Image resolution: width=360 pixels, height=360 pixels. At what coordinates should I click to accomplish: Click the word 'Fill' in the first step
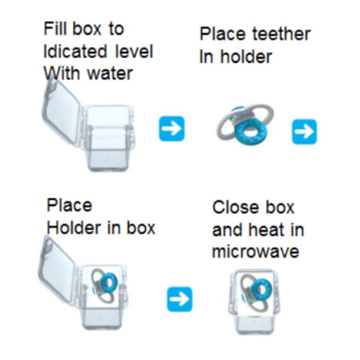pyautogui.click(x=54, y=29)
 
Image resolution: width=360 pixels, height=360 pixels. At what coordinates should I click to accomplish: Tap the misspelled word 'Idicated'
pyautogui.click(x=75, y=51)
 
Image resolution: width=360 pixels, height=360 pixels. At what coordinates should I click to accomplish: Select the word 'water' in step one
pyautogui.click(x=110, y=74)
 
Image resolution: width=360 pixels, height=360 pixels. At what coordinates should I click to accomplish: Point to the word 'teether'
pyautogui.click(x=282, y=34)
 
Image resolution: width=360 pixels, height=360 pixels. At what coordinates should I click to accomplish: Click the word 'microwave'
pyautogui.click(x=256, y=252)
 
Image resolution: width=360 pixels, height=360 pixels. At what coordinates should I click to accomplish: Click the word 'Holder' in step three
pyautogui.click(x=74, y=228)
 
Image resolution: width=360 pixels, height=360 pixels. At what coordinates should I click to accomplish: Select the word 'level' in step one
pyautogui.click(x=134, y=51)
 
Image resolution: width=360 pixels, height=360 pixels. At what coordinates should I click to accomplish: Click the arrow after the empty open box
pyautogui.click(x=172, y=129)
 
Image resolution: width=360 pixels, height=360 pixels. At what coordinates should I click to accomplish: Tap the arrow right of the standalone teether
pyautogui.click(x=304, y=131)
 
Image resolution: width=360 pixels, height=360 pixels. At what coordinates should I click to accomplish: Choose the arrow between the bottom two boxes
pyautogui.click(x=180, y=299)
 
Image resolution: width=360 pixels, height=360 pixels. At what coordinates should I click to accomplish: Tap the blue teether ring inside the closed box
pyautogui.click(x=262, y=288)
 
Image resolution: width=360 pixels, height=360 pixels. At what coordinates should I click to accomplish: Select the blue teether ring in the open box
pyautogui.click(x=108, y=283)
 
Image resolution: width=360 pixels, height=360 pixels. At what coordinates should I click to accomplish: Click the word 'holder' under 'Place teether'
pyautogui.click(x=246, y=57)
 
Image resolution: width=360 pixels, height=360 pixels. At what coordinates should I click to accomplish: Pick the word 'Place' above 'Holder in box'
pyautogui.click(x=69, y=205)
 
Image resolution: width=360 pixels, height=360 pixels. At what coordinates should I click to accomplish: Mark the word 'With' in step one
pyautogui.click(x=61, y=73)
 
